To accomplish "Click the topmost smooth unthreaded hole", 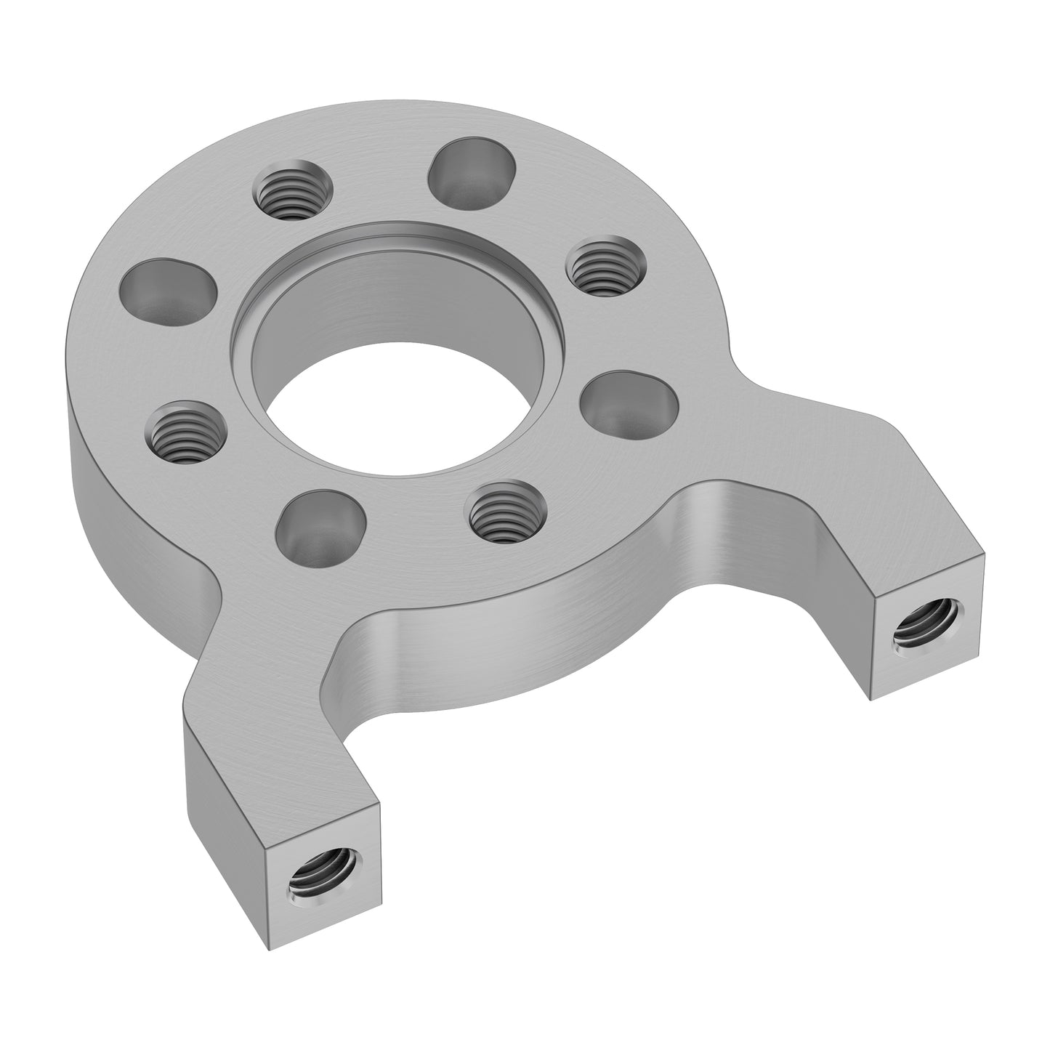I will click(473, 171).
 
